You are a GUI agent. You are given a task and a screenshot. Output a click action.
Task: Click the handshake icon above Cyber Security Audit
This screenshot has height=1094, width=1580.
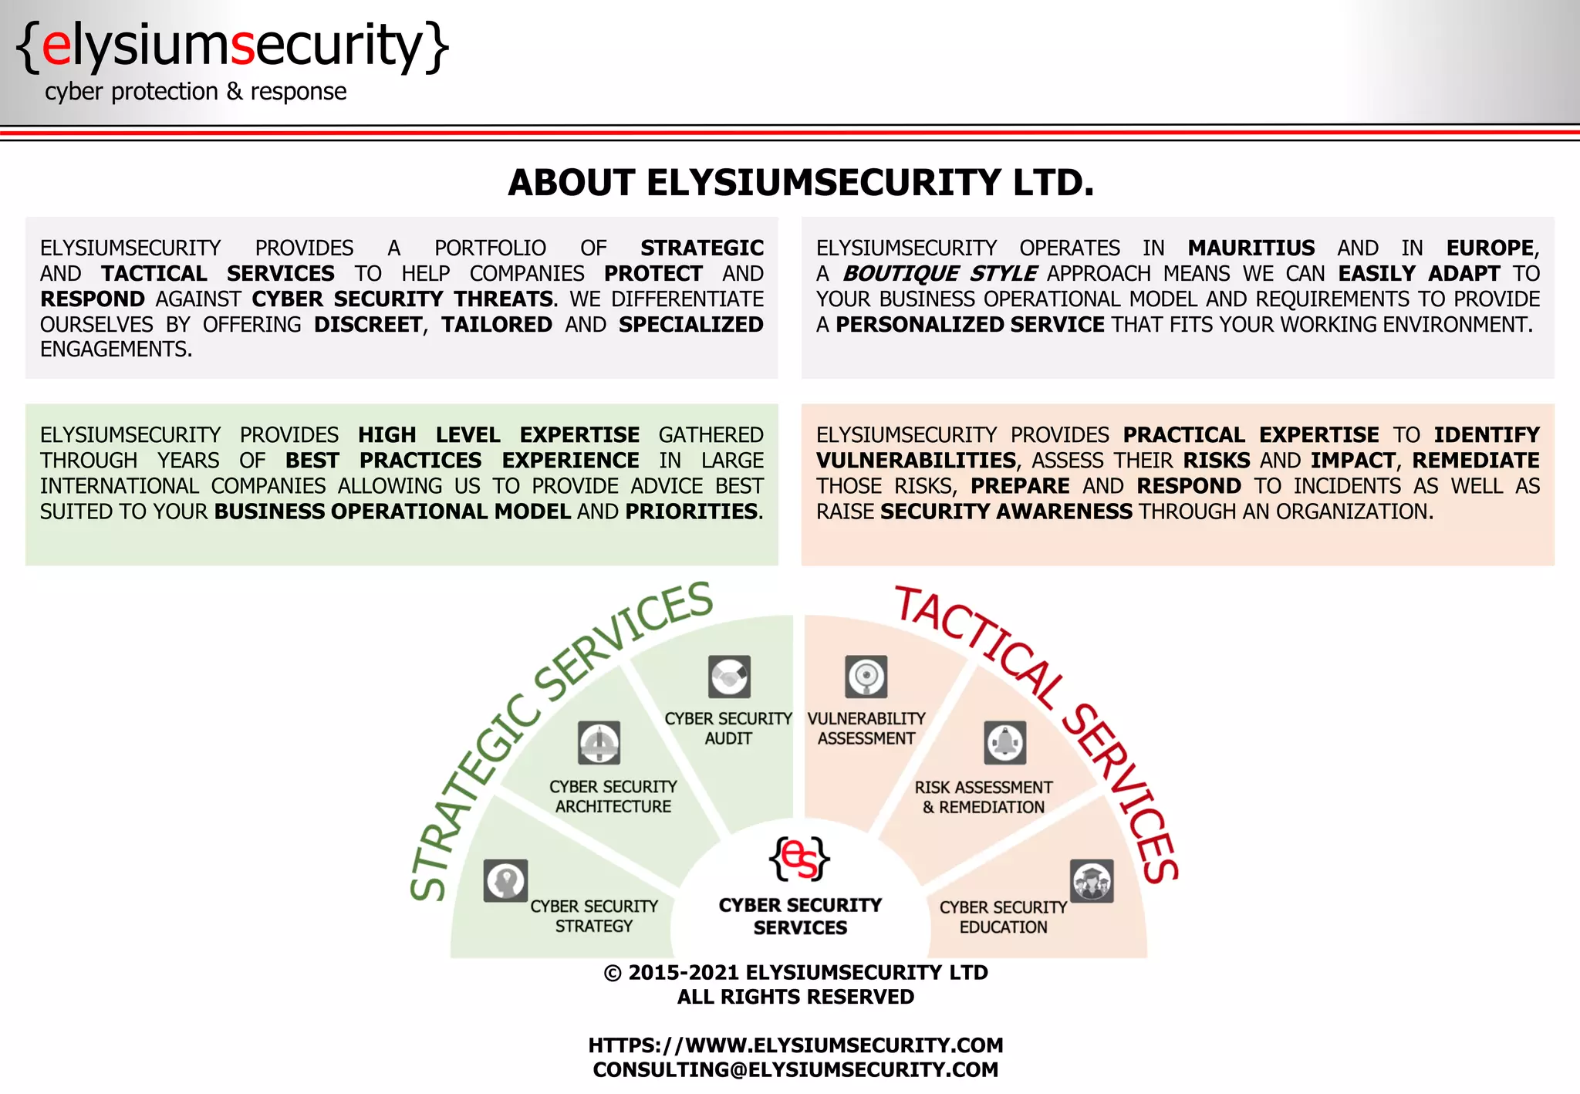(x=729, y=677)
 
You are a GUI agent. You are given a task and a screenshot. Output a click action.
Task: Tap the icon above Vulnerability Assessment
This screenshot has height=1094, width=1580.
(x=866, y=677)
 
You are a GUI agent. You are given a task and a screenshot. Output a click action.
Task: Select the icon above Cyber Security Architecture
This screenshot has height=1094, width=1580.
(x=599, y=742)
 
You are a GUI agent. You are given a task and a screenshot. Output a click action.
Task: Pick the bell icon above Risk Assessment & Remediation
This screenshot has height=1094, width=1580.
(x=1005, y=742)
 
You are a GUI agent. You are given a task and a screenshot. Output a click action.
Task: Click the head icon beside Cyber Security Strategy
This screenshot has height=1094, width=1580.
(x=505, y=880)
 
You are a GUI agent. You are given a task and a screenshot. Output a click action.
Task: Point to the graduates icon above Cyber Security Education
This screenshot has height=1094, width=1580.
(x=1092, y=880)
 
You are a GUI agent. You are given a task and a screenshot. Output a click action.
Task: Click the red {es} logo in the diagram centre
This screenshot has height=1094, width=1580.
(x=799, y=859)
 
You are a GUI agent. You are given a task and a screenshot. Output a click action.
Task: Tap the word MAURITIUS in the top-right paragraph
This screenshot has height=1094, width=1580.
(x=1251, y=248)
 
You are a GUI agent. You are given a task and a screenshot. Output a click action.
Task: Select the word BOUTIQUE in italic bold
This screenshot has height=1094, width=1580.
(x=901, y=273)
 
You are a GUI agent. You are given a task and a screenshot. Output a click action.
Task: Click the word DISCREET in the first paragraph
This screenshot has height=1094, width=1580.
(x=368, y=324)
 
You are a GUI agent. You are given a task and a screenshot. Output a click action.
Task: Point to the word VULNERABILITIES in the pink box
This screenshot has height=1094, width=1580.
(x=916, y=461)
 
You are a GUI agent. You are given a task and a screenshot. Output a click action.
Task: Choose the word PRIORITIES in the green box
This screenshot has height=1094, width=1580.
(x=692, y=512)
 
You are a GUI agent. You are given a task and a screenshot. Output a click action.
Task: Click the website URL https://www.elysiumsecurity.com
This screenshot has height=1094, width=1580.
(x=795, y=1045)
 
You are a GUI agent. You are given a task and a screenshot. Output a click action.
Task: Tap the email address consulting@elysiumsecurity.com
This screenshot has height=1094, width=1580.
(x=795, y=1069)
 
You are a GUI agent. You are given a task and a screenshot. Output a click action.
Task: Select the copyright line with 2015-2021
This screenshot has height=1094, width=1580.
(x=795, y=972)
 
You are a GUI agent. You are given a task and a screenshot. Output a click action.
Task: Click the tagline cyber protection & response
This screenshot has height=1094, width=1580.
(x=196, y=92)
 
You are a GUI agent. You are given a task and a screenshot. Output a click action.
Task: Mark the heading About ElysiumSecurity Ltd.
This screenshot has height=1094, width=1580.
(x=801, y=183)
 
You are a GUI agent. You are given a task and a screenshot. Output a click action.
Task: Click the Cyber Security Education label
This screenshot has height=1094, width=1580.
(x=1003, y=917)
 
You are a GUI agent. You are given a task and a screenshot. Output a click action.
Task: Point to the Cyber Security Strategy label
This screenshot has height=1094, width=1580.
(x=594, y=916)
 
